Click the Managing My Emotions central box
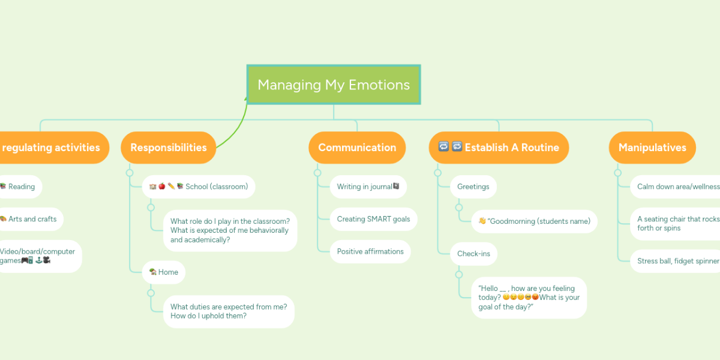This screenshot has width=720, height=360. click(x=334, y=85)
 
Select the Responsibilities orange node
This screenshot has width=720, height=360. click(x=168, y=148)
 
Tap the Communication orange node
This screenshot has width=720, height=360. click(x=357, y=148)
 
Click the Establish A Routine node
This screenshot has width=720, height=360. click(x=499, y=148)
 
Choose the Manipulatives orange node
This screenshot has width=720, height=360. click(x=652, y=148)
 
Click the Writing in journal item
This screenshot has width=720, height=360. click(x=368, y=187)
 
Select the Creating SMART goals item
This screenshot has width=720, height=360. click(x=373, y=219)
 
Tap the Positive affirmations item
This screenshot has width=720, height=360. click(x=370, y=251)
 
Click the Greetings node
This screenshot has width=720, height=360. click(x=473, y=187)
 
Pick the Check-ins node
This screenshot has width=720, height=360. click(x=473, y=254)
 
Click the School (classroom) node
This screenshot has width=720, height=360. click(x=199, y=187)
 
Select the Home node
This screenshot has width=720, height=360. click(x=164, y=272)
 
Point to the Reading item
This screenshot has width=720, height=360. click(x=20, y=187)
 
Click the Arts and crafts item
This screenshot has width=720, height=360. click(x=30, y=219)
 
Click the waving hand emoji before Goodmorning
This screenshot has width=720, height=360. click(x=482, y=221)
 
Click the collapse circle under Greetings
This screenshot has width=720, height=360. click(x=459, y=207)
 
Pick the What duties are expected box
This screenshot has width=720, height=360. click(x=229, y=311)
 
